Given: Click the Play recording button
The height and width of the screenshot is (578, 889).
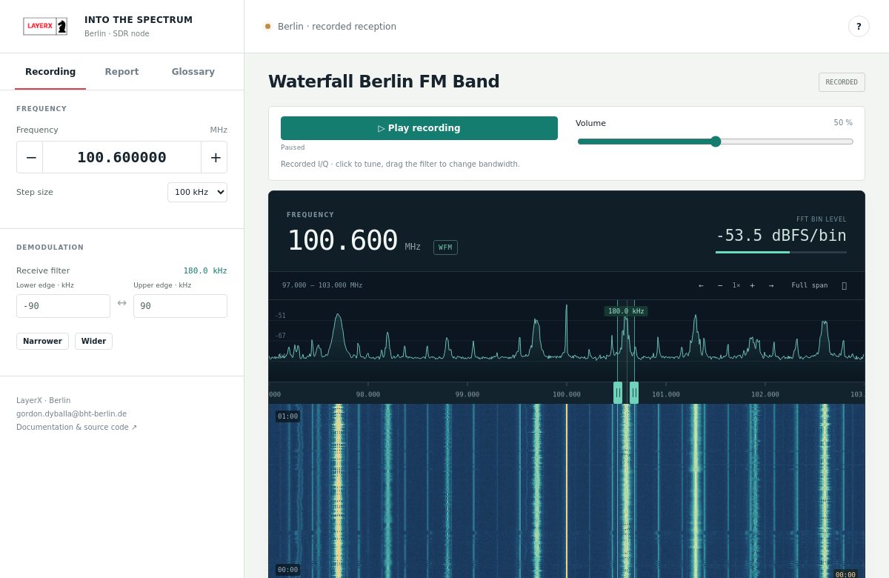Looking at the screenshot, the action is (x=419, y=127).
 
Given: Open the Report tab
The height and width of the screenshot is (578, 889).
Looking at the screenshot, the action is (x=121, y=71).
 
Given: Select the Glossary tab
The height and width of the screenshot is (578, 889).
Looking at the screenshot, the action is (x=193, y=71).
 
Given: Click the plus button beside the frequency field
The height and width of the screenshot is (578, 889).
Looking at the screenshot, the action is (x=215, y=157).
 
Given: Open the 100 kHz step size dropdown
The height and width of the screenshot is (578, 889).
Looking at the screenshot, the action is (x=197, y=192).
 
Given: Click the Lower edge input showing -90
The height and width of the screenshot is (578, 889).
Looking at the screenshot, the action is (x=63, y=305).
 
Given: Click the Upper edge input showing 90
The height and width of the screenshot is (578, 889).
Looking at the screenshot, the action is (x=180, y=305).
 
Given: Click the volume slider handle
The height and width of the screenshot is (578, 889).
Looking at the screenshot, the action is (x=716, y=142).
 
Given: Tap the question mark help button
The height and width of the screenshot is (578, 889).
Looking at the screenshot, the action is (x=859, y=26).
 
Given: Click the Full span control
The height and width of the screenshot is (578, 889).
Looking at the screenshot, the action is (x=809, y=285).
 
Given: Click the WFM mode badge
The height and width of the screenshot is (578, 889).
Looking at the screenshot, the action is (x=445, y=248).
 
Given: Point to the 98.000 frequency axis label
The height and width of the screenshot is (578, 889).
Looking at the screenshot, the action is (x=368, y=394).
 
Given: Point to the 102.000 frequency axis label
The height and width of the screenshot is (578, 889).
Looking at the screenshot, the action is (x=765, y=394).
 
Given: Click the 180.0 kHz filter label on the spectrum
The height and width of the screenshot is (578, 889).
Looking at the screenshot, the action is (x=626, y=310).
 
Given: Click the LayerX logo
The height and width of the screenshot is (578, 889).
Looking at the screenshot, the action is (x=45, y=26).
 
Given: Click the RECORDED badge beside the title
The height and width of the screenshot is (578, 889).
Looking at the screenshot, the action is (x=842, y=82).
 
